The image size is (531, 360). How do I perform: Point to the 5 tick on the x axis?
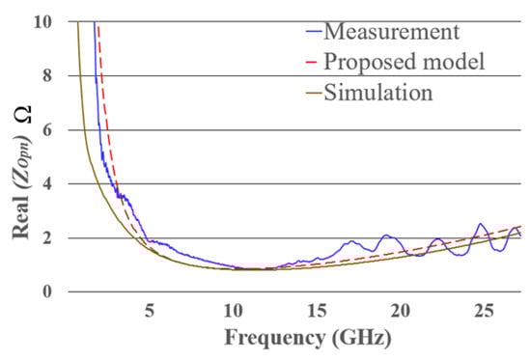click(x=149, y=311)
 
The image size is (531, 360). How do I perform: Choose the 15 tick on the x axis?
click(x=317, y=311)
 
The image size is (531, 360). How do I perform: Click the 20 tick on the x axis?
click(x=400, y=311)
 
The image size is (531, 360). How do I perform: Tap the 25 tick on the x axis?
click(x=484, y=311)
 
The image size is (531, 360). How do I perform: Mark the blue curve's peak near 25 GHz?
click(x=481, y=224)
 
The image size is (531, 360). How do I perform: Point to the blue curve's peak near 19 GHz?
click(x=388, y=235)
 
